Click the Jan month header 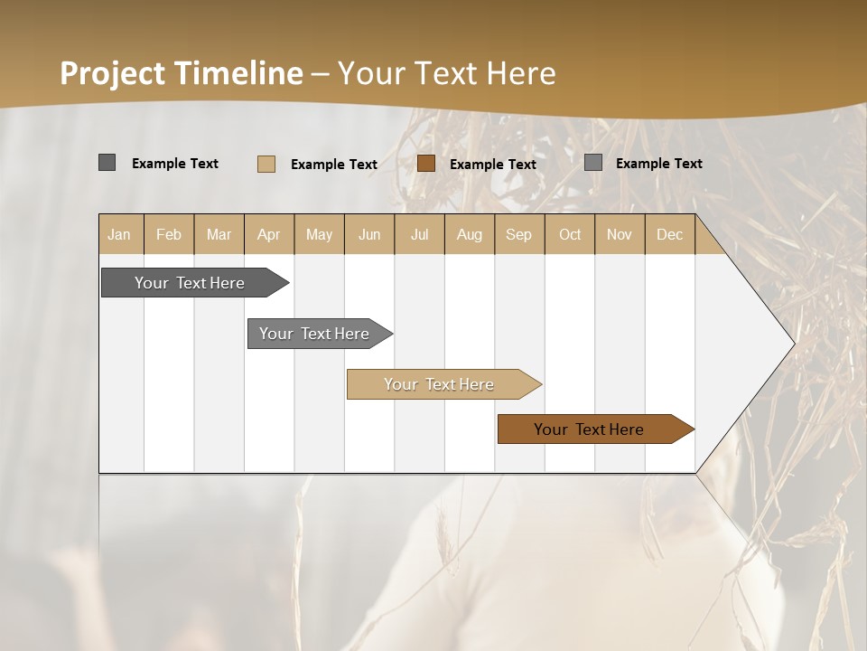119,235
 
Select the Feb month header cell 169,235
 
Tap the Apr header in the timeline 268,235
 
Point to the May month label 319,235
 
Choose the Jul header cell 419,235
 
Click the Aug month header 469,235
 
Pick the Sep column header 518,235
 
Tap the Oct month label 570,235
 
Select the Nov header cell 619,235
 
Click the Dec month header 669,235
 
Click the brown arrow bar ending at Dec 589,429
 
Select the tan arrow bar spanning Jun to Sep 439,384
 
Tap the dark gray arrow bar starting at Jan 190,283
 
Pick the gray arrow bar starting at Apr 314,334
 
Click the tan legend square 266,164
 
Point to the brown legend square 426,164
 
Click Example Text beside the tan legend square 334,165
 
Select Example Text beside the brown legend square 493,165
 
